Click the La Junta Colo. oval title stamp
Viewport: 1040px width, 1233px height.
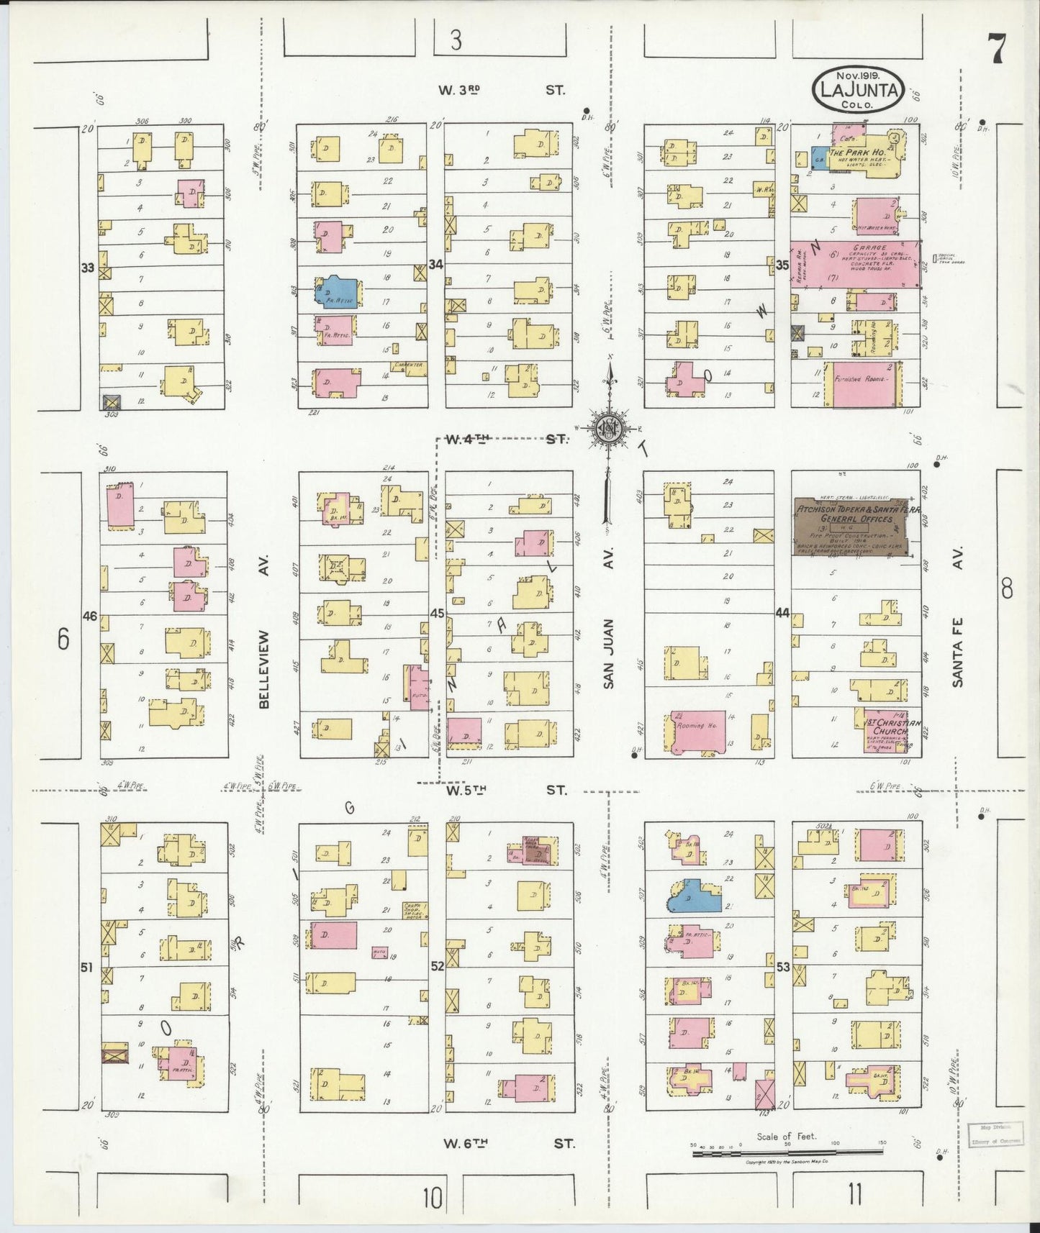pyautogui.click(x=858, y=90)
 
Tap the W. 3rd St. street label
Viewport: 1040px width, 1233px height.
pyautogui.click(x=502, y=90)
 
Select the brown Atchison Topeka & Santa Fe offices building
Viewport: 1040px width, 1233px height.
pyautogui.click(x=851, y=527)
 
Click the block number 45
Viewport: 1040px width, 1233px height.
pyautogui.click(x=437, y=614)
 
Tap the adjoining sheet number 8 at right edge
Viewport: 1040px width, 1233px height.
pyautogui.click(x=1006, y=590)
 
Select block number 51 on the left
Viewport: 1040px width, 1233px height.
pyautogui.click(x=87, y=968)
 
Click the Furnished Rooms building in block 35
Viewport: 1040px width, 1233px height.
pyautogui.click(x=862, y=383)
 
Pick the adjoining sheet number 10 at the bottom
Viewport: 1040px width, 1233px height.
pyautogui.click(x=432, y=1198)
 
